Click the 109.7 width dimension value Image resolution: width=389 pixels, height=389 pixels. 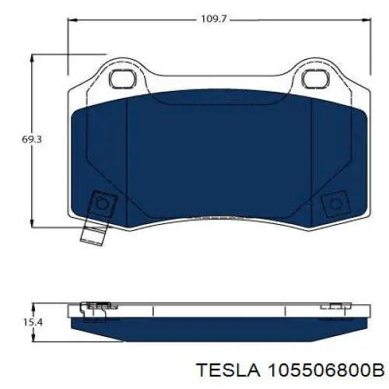coord(214,19)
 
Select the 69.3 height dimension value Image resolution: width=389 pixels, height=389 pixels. coord(32,139)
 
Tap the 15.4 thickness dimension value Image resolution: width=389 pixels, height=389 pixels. coord(33,323)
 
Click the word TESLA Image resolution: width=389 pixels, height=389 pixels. coord(229,370)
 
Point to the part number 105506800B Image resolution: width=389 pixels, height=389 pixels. coord(326,370)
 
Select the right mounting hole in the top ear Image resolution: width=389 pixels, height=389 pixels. coord(316,79)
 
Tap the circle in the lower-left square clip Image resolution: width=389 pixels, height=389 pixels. coord(102,204)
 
